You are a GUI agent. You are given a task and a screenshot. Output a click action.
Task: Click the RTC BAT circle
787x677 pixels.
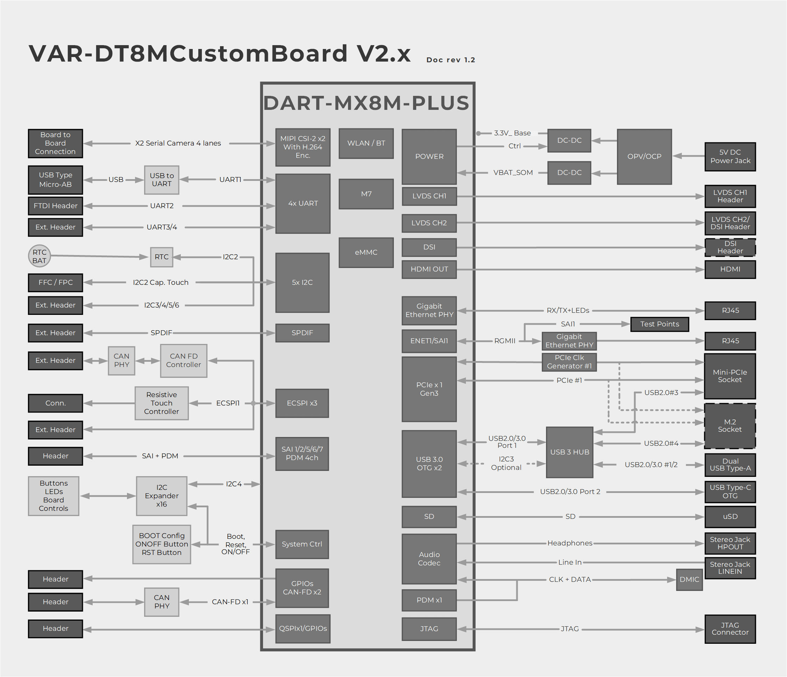39,256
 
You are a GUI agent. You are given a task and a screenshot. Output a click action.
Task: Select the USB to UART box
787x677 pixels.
162,180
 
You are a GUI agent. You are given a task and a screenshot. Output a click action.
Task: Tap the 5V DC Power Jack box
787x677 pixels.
730,156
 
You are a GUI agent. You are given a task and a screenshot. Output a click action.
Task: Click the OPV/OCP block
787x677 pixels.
644,156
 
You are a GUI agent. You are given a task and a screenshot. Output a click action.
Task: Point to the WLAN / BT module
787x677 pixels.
366,143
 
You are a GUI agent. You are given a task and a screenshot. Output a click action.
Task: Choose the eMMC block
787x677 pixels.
366,252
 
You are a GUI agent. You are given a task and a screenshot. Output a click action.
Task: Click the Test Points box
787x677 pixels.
659,324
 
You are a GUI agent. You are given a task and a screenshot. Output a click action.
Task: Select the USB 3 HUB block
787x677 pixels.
569,452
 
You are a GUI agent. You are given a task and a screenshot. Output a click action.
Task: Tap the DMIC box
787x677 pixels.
689,579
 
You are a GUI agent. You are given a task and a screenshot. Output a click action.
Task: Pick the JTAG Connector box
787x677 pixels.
730,629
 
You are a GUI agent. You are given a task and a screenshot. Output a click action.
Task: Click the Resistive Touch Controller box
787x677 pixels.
162,403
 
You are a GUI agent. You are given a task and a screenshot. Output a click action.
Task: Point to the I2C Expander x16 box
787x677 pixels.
162,496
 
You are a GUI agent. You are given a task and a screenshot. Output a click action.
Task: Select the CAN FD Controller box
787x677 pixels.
183,360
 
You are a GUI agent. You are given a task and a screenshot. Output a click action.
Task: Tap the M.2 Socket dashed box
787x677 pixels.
730,426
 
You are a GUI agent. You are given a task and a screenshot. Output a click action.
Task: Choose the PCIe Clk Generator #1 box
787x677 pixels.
569,362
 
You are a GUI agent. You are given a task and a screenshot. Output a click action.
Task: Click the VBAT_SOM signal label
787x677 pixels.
513,173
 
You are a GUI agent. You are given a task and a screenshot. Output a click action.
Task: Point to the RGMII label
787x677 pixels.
504,341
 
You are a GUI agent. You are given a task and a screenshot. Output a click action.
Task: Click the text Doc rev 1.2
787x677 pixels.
451,60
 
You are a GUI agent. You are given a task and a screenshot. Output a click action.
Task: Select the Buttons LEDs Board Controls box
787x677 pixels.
54,496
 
